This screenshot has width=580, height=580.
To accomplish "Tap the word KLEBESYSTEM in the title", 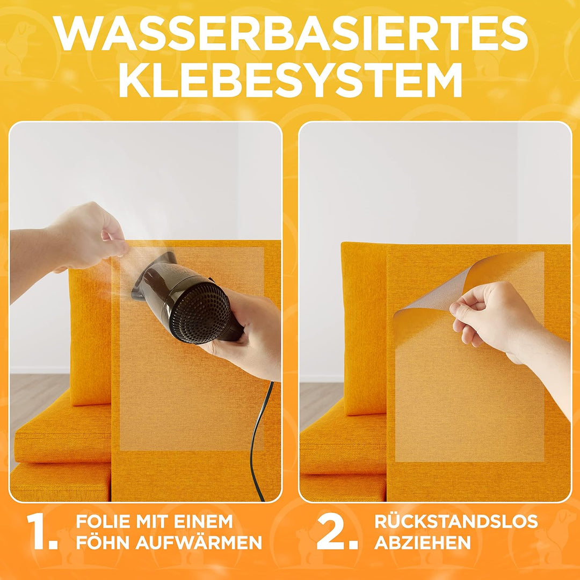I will [x=290, y=79].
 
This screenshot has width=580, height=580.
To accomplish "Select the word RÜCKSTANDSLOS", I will [x=456, y=521].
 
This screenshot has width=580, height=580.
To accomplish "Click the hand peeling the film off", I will [x=489, y=322].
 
